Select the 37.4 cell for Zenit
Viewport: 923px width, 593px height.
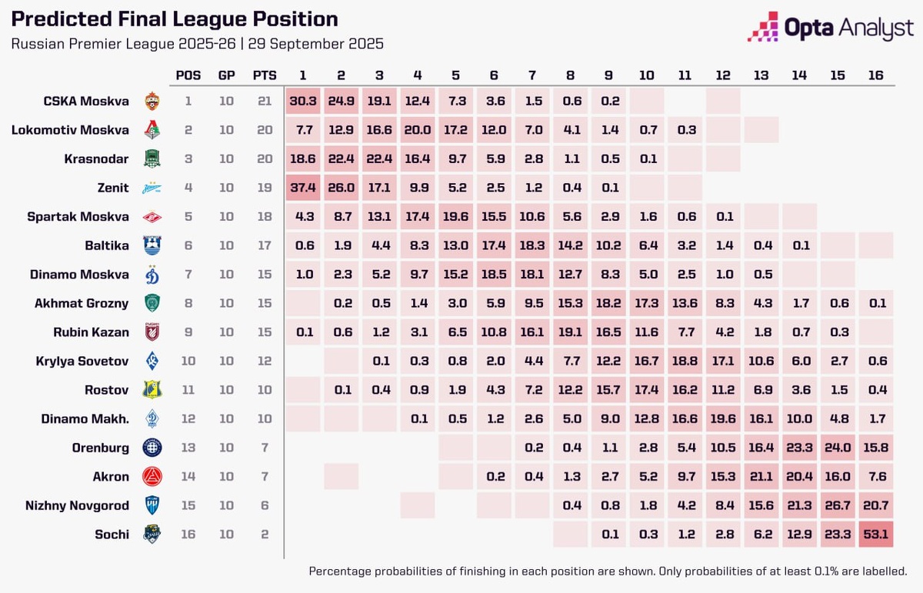(302, 188)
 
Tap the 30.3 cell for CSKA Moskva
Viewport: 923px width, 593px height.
(302, 101)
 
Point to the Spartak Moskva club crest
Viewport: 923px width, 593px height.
(153, 217)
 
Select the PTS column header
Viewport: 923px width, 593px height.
(265, 75)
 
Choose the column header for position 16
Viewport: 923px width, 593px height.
(875, 75)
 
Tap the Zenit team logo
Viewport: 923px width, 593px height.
(153, 188)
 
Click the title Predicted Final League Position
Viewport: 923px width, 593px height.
(175, 19)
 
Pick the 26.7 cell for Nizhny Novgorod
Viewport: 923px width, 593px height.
(838, 505)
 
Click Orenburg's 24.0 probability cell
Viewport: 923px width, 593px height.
(838, 448)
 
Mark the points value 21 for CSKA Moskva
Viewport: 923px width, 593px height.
(265, 101)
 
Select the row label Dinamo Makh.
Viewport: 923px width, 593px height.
(85, 418)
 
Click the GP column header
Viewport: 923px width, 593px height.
(226, 75)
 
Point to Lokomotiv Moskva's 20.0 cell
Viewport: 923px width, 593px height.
(417, 130)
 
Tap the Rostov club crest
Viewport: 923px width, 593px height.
(153, 390)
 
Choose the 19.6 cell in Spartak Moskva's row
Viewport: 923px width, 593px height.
(455, 217)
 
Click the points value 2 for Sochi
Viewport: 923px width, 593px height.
(265, 534)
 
